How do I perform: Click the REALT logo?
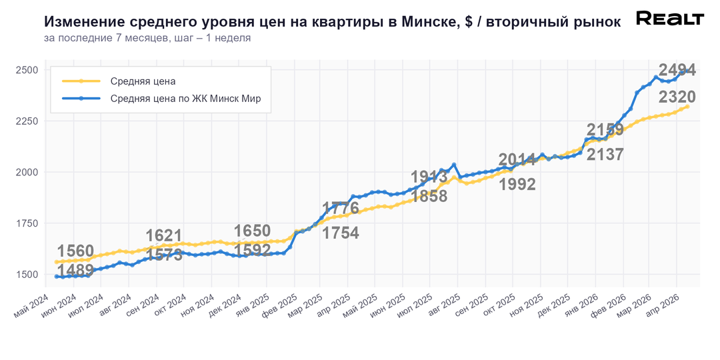click(x=669, y=19)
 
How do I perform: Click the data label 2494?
click(x=677, y=70)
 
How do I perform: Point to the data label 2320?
click(x=677, y=97)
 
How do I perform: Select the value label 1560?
click(x=75, y=251)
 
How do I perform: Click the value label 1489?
click(x=75, y=270)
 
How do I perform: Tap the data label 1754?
click(x=340, y=233)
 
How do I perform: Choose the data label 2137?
click(x=605, y=154)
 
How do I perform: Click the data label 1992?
click(x=517, y=184)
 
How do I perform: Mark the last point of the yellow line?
click(x=687, y=107)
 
